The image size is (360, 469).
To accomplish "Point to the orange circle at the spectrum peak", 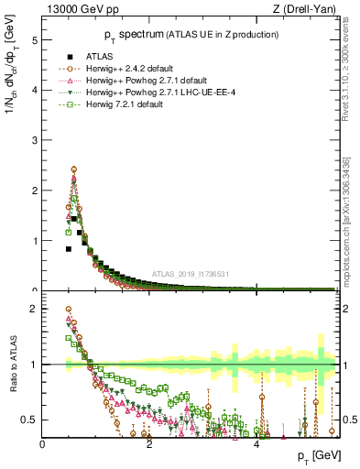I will (73, 169).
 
